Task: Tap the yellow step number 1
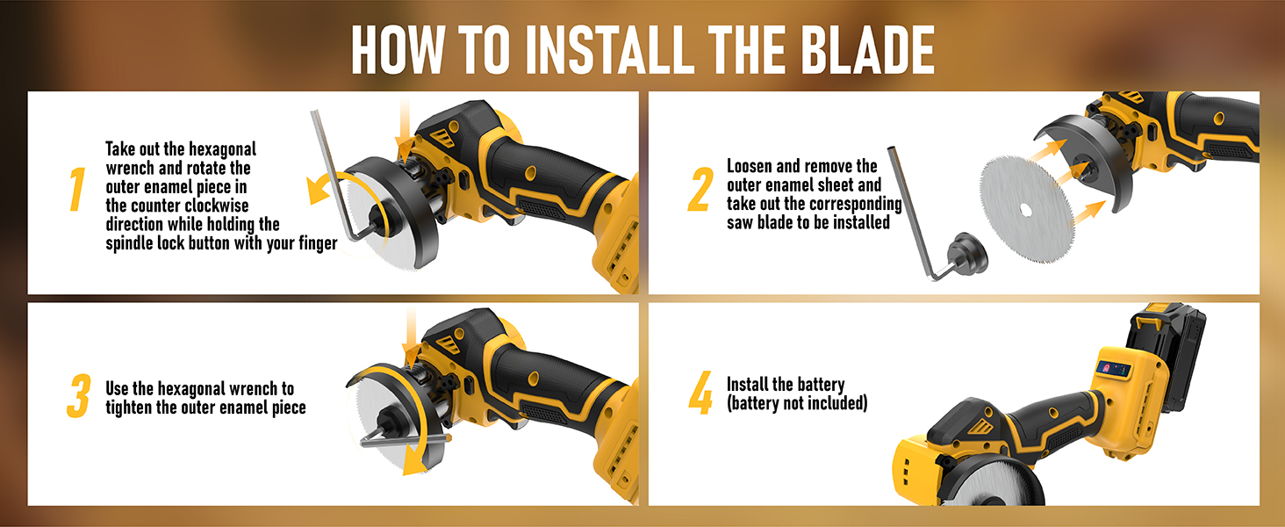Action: point(77,191)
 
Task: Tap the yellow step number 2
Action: point(700,190)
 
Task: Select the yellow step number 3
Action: point(78,398)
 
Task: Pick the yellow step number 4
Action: point(700,395)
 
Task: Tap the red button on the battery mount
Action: point(1104,366)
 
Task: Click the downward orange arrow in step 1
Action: point(403,123)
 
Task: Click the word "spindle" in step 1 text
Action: point(132,243)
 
